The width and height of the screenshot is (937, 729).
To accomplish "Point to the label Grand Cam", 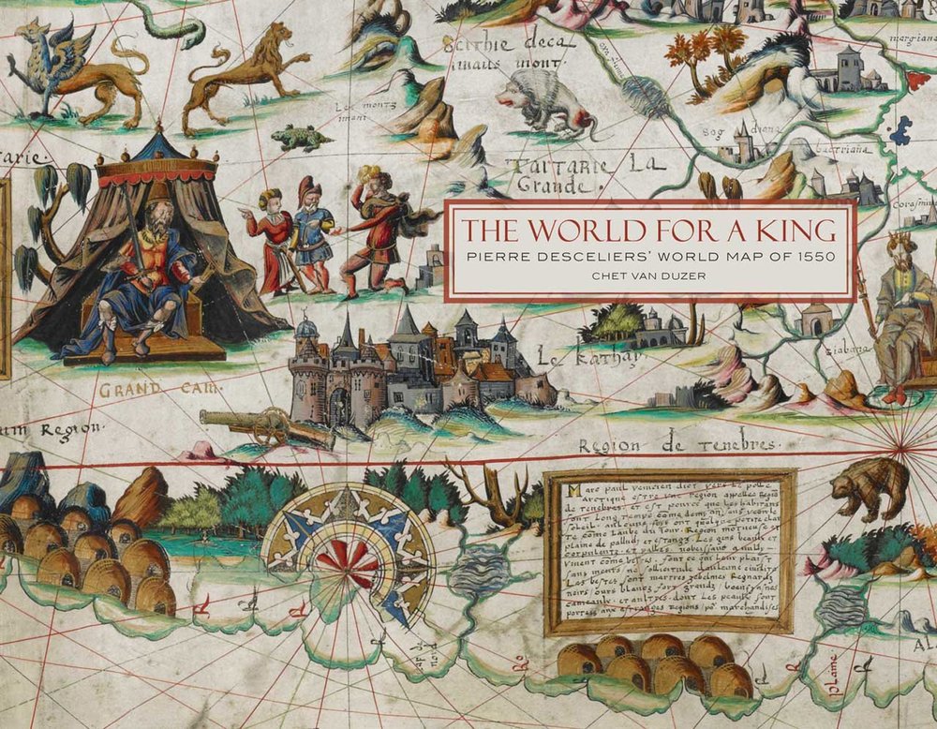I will click(x=161, y=387).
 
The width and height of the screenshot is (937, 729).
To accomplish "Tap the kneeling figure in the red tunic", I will click(x=375, y=234).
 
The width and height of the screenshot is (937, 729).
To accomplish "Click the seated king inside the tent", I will click(x=141, y=272).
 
